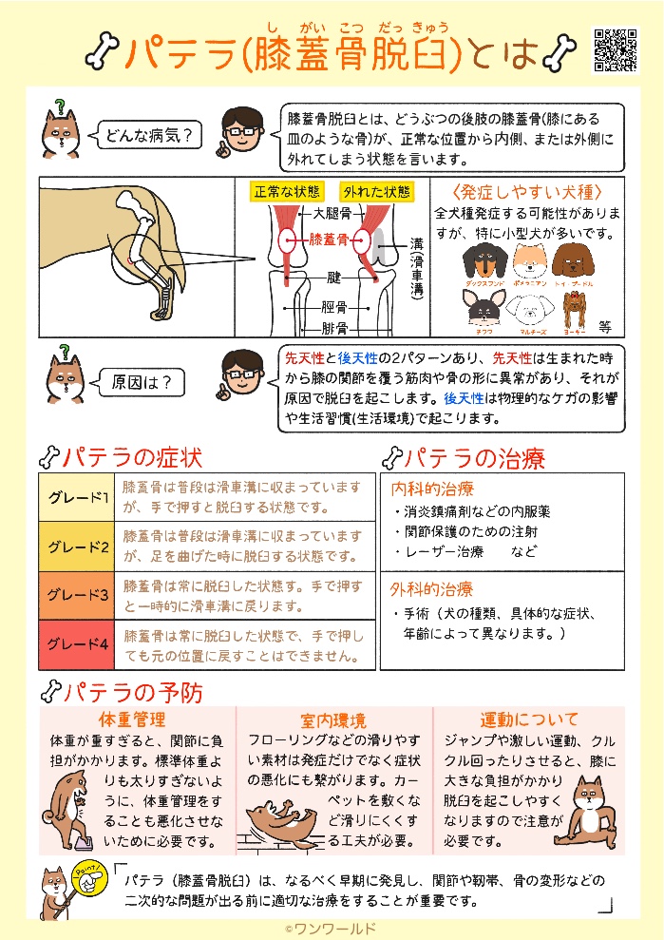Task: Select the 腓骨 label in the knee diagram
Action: (333, 328)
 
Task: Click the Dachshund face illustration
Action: (484, 260)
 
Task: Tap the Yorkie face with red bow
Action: (571, 309)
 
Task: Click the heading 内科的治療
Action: (432, 489)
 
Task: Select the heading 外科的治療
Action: (432, 589)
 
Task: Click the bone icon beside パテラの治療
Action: (389, 458)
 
